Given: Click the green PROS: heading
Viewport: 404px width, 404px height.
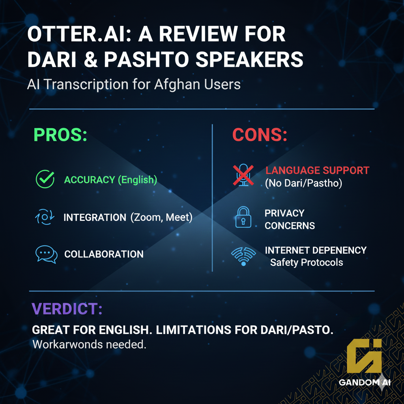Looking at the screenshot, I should tap(60, 135).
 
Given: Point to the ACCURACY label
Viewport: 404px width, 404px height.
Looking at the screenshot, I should tap(90, 180).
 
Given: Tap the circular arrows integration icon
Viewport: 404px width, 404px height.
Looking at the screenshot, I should tap(44, 217).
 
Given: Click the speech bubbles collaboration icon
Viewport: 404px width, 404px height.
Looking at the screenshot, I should tap(46, 254).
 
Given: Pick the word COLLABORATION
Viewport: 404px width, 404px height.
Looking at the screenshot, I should tap(104, 254).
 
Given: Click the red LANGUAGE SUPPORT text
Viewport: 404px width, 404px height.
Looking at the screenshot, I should tap(317, 170).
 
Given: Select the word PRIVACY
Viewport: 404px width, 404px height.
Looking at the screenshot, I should tap(284, 213).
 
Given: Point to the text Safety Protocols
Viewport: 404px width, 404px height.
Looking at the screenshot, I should tap(307, 262).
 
